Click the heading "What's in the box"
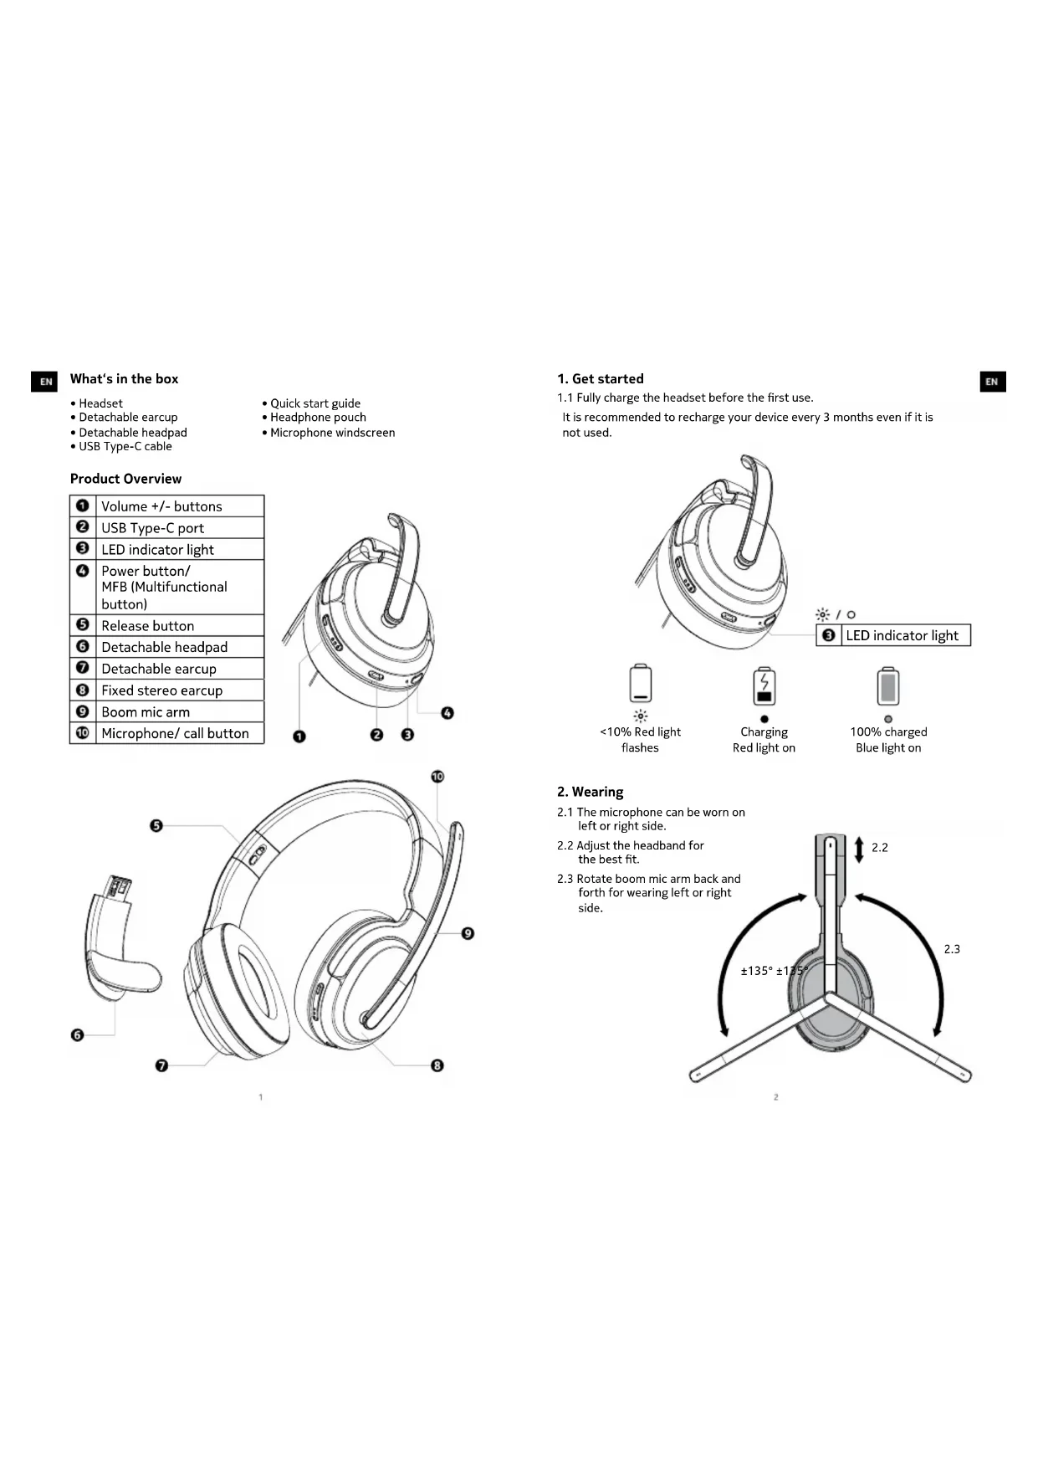point(124,379)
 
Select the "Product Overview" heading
point(125,479)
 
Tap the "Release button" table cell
point(148,626)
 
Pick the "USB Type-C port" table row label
point(152,528)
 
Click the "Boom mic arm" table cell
point(146,712)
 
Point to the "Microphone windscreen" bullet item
point(332,433)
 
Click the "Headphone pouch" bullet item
point(318,418)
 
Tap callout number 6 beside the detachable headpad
point(78,1035)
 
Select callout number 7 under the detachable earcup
point(161,1065)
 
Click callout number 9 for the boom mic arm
point(468,933)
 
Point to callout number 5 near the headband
point(156,826)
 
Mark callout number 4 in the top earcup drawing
point(447,713)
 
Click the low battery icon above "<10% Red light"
point(640,684)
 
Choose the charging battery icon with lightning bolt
point(764,686)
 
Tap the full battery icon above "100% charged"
point(887,686)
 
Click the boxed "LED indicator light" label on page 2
point(902,636)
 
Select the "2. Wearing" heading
point(590,792)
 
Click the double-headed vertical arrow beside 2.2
point(858,849)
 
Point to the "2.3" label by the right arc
point(952,949)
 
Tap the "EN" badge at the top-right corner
point(992,382)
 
